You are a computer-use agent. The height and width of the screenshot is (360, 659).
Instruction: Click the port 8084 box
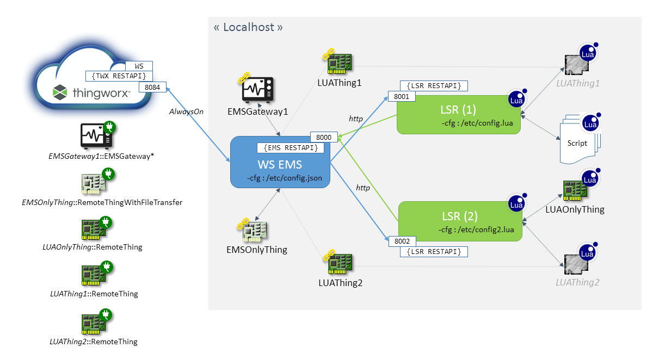[153, 86]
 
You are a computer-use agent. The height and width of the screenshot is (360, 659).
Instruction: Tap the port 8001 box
[401, 96]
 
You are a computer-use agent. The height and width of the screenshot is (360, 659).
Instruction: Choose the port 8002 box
[401, 240]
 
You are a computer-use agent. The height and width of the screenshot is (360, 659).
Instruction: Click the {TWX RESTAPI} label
[119, 76]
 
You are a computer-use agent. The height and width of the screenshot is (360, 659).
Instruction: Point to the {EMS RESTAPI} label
[291, 147]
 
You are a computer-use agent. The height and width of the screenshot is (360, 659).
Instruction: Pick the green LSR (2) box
[460, 221]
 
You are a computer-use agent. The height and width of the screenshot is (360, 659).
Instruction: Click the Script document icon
[578, 140]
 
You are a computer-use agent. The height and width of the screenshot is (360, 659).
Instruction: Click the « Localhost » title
[248, 27]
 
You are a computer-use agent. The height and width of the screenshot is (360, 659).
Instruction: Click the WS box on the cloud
[139, 65]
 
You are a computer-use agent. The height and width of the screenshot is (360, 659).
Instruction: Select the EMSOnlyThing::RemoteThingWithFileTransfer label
[102, 202]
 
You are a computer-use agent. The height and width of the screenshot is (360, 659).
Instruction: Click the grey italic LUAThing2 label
[577, 282]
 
